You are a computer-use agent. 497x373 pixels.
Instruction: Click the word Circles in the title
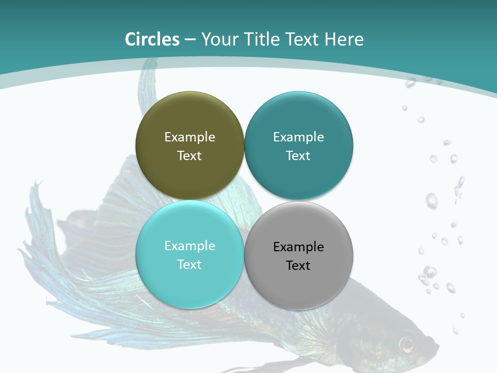point(152,39)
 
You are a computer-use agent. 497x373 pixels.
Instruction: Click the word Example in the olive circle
point(189,137)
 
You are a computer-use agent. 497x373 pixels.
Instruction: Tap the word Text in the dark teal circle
point(298,155)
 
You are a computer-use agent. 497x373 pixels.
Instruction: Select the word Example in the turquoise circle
point(189,246)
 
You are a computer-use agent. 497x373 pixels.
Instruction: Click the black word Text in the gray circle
point(298,265)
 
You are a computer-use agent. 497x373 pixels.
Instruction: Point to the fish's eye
point(407,343)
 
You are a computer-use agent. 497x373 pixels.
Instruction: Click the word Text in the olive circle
point(189,155)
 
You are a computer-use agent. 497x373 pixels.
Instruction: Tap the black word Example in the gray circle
point(298,247)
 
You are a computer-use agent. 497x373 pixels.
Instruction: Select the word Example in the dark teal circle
point(298,137)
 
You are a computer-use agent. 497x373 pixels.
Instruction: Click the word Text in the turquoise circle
point(189,264)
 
